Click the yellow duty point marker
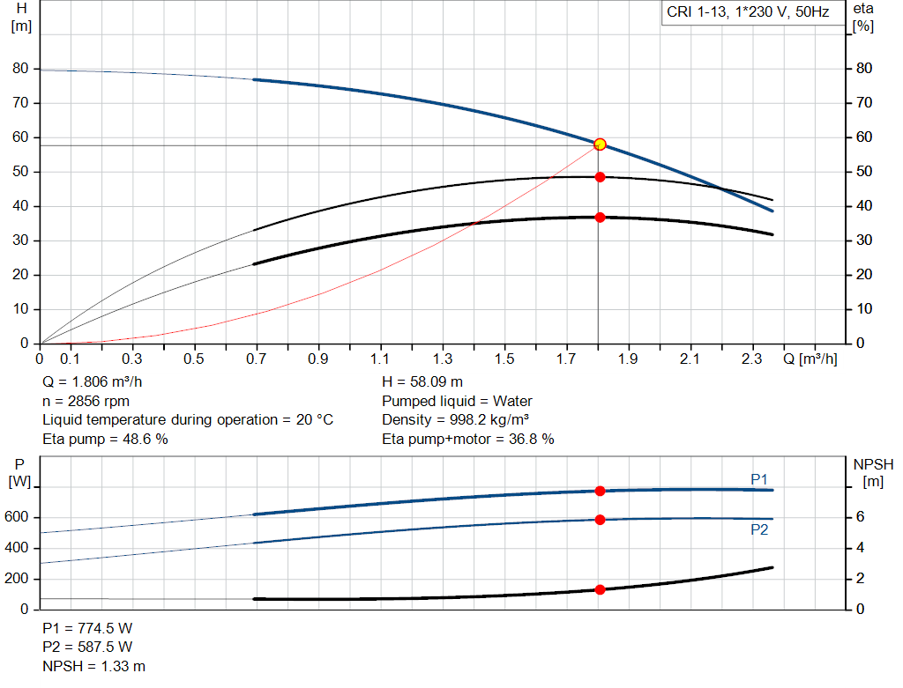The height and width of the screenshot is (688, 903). click(600, 144)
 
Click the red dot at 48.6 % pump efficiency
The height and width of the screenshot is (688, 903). click(600, 177)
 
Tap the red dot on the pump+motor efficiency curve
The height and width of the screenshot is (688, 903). click(600, 217)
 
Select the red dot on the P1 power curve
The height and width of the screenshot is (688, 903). click(600, 491)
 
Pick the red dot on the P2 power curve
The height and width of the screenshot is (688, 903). click(600, 520)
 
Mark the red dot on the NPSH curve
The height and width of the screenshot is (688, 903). click(600, 589)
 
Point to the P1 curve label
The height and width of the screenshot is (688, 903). click(759, 478)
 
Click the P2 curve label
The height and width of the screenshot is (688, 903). click(759, 529)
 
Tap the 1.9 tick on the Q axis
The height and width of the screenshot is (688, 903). click(628, 359)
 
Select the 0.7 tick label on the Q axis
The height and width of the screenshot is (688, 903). click(257, 359)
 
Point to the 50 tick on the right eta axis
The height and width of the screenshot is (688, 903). click(864, 172)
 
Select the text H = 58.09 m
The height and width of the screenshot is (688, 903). click(422, 382)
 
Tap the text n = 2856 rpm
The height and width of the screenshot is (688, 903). click(86, 401)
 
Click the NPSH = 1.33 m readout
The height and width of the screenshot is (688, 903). click(93, 666)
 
